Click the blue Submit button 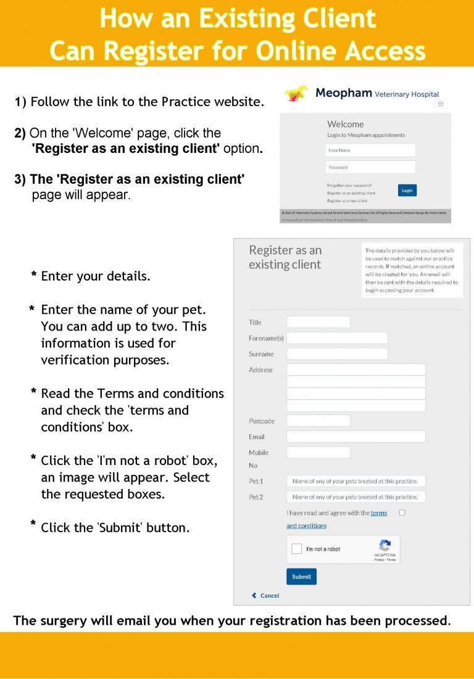[301, 577]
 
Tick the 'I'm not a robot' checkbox [297, 549]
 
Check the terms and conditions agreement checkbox [402, 512]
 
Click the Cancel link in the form [266, 596]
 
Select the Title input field [318, 322]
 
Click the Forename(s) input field [337, 338]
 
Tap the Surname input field [337, 354]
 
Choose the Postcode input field [318, 421]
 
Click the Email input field [356, 437]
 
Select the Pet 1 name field [356, 481]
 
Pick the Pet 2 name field [356, 497]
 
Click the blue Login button [407, 191]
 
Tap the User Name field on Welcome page [370, 150]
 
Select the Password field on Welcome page [370, 167]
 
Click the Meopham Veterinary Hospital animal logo [296, 94]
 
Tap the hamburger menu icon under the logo [441, 104]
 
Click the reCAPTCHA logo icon [385, 545]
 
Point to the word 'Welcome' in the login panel [346, 124]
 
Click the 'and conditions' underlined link [307, 526]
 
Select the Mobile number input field [318, 453]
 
